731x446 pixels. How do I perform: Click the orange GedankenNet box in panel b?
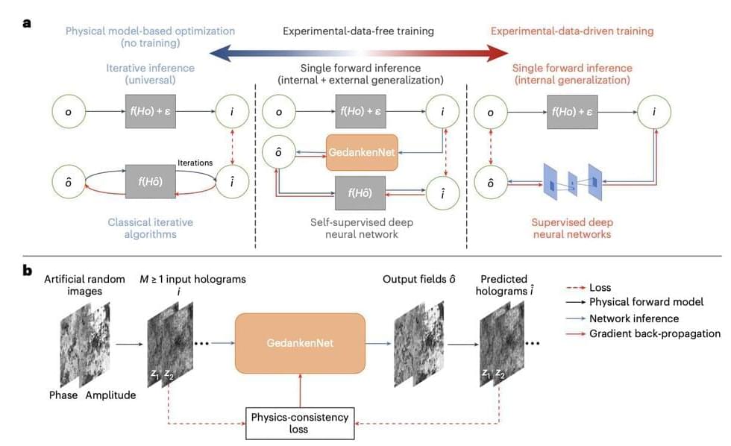point(300,343)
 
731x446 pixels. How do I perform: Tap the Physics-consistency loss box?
point(299,424)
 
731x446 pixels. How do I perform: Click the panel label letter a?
point(27,22)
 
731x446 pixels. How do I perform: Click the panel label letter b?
point(28,271)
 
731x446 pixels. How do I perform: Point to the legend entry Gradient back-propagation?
point(655,333)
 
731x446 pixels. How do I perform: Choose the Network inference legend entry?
point(634,318)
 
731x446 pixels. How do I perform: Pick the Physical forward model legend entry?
point(646,302)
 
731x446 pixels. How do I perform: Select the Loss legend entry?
point(601,287)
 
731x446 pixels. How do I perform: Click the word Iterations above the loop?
point(195,163)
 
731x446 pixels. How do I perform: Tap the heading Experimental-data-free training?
point(358,31)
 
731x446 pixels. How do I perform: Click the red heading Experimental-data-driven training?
point(572,31)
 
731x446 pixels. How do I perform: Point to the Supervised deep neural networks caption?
point(571,227)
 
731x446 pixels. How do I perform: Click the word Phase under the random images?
point(63,395)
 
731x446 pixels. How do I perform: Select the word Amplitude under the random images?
point(110,395)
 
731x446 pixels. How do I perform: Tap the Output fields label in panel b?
point(419,279)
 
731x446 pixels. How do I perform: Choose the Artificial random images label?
point(84,285)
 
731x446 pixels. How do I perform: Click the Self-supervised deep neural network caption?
point(361,227)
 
